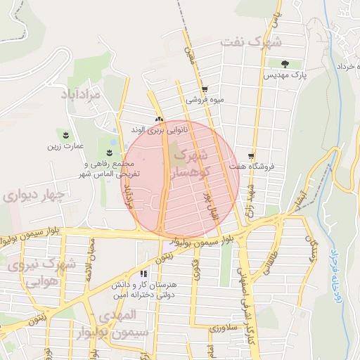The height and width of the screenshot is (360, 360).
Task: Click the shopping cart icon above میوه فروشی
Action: (205, 89)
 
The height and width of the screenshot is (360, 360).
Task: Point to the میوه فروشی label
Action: (205, 101)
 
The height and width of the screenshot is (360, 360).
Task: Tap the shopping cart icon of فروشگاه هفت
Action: (251, 156)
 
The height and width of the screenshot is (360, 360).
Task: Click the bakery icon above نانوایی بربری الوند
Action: (159, 119)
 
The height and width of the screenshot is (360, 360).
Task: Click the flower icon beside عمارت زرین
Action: (66, 134)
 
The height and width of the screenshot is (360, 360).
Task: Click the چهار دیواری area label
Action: (34, 195)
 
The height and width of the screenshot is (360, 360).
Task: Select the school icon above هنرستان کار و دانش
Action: (144, 274)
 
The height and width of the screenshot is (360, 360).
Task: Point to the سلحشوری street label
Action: (225, 328)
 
